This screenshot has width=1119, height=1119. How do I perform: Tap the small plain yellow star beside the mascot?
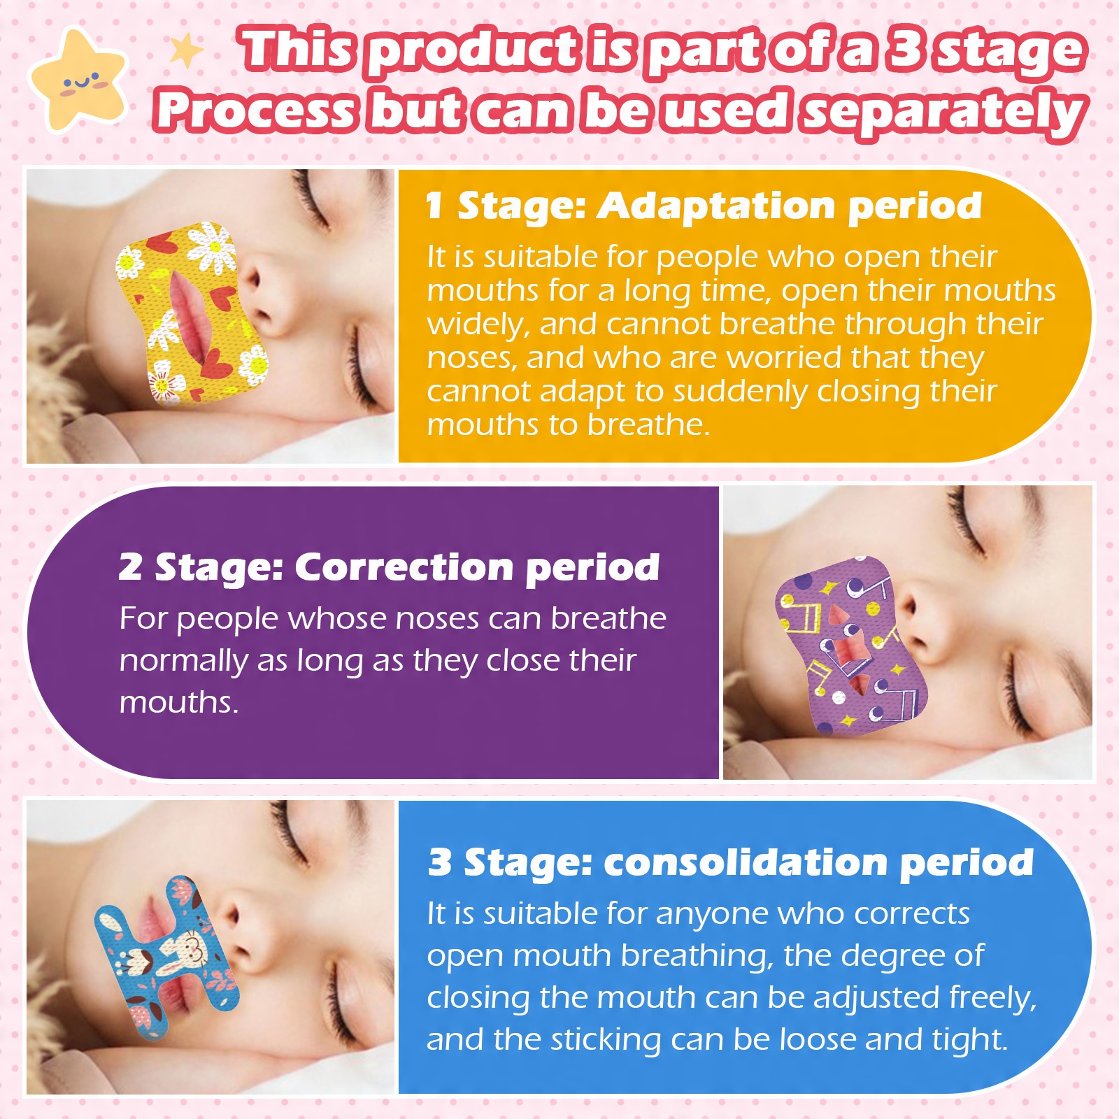coord(186,52)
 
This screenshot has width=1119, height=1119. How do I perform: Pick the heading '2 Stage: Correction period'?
coord(389,567)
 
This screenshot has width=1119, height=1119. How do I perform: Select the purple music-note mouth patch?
coord(850,645)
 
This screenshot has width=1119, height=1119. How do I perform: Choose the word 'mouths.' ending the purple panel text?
coord(179,702)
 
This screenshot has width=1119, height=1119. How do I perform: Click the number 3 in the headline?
coord(907,50)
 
